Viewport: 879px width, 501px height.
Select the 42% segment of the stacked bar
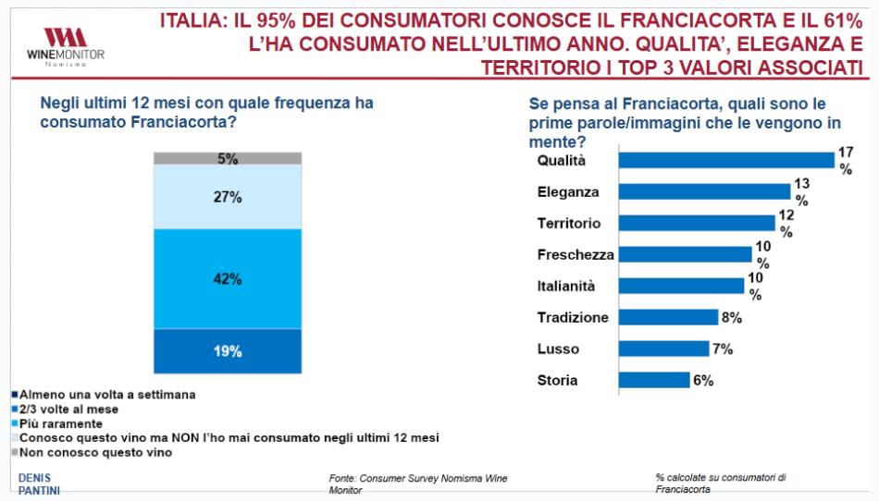[x=228, y=278]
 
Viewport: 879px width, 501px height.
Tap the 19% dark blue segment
[x=228, y=351]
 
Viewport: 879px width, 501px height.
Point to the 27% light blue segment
[x=228, y=197]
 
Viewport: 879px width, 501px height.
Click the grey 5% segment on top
[x=228, y=158]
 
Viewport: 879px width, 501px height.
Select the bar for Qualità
[x=726, y=160]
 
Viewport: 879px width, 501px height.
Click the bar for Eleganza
[x=704, y=191]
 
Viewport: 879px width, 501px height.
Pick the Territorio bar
[x=696, y=223]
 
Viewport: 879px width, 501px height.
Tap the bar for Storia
[x=653, y=380]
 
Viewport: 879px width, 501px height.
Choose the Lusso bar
[x=657, y=348]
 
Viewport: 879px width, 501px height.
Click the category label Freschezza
[x=576, y=254]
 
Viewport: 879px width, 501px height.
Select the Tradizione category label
[x=573, y=317]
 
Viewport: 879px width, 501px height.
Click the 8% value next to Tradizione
[x=730, y=317]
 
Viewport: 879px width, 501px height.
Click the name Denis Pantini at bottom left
[x=39, y=483]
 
